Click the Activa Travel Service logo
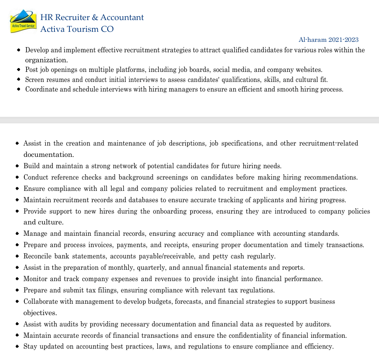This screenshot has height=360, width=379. (23, 22)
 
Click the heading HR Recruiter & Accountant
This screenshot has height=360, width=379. (92, 17)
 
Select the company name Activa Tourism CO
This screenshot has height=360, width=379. (77, 29)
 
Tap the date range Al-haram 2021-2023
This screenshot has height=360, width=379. (328, 40)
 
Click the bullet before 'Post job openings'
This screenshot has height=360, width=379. (18, 70)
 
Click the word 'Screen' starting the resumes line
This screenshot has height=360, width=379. (35, 80)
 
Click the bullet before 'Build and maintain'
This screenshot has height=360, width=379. (17, 166)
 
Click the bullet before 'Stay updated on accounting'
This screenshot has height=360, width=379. (17, 347)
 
